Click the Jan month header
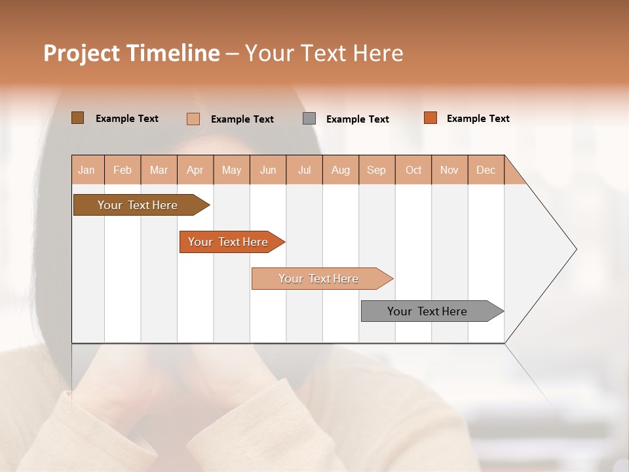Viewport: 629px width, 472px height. click(x=86, y=170)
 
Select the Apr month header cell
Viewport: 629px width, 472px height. click(x=195, y=170)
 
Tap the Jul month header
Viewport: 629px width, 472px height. click(x=304, y=170)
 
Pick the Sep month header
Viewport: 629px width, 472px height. click(x=376, y=170)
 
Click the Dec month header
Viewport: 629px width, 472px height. click(x=486, y=170)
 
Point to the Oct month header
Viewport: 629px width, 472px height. click(x=413, y=170)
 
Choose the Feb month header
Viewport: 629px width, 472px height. click(x=123, y=170)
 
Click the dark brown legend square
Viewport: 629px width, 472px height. click(x=77, y=118)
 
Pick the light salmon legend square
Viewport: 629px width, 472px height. click(x=193, y=119)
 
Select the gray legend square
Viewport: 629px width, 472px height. click(x=309, y=119)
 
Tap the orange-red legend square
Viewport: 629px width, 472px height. click(x=430, y=118)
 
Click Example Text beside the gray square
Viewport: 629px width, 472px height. click(x=357, y=119)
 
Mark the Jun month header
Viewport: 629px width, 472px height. click(x=268, y=170)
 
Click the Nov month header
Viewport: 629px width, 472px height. click(x=449, y=170)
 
